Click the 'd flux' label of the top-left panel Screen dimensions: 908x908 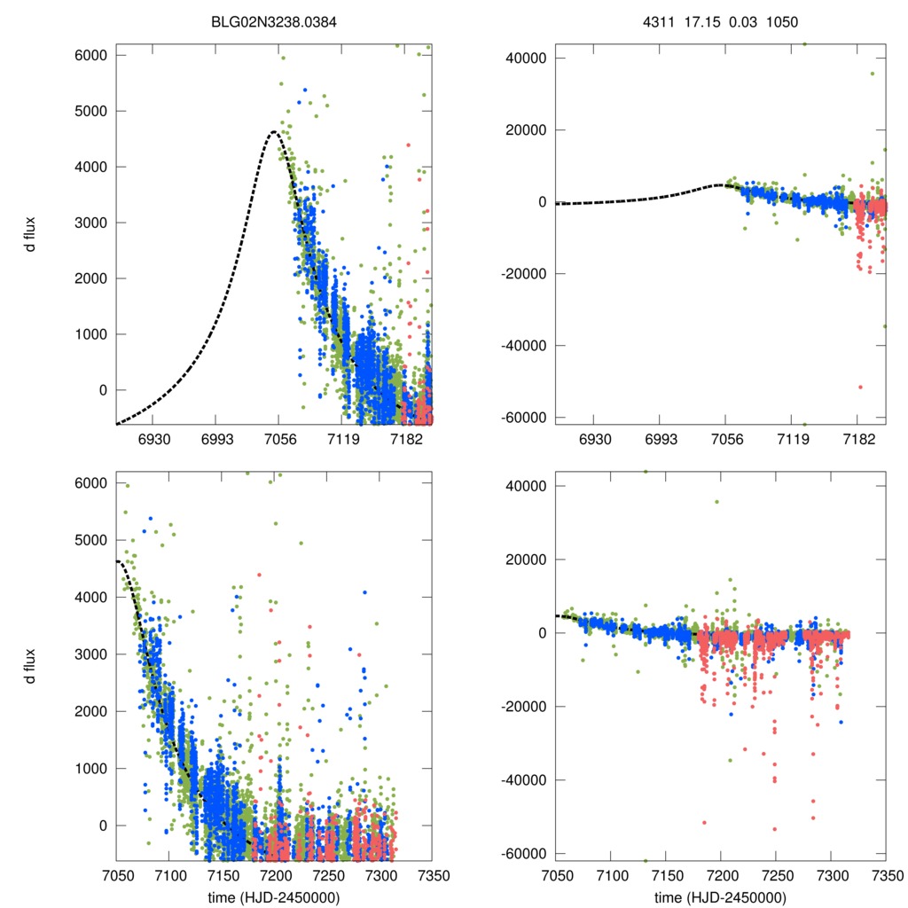(x=31, y=234)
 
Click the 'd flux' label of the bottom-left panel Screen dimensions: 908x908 (x=31, y=663)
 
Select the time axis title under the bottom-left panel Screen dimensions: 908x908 (x=274, y=897)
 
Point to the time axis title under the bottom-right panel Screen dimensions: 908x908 (x=720, y=897)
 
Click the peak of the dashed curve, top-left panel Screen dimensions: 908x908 (x=274, y=132)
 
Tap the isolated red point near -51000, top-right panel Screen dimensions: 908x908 (x=859, y=387)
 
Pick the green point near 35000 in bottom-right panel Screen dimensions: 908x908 (x=716, y=502)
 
